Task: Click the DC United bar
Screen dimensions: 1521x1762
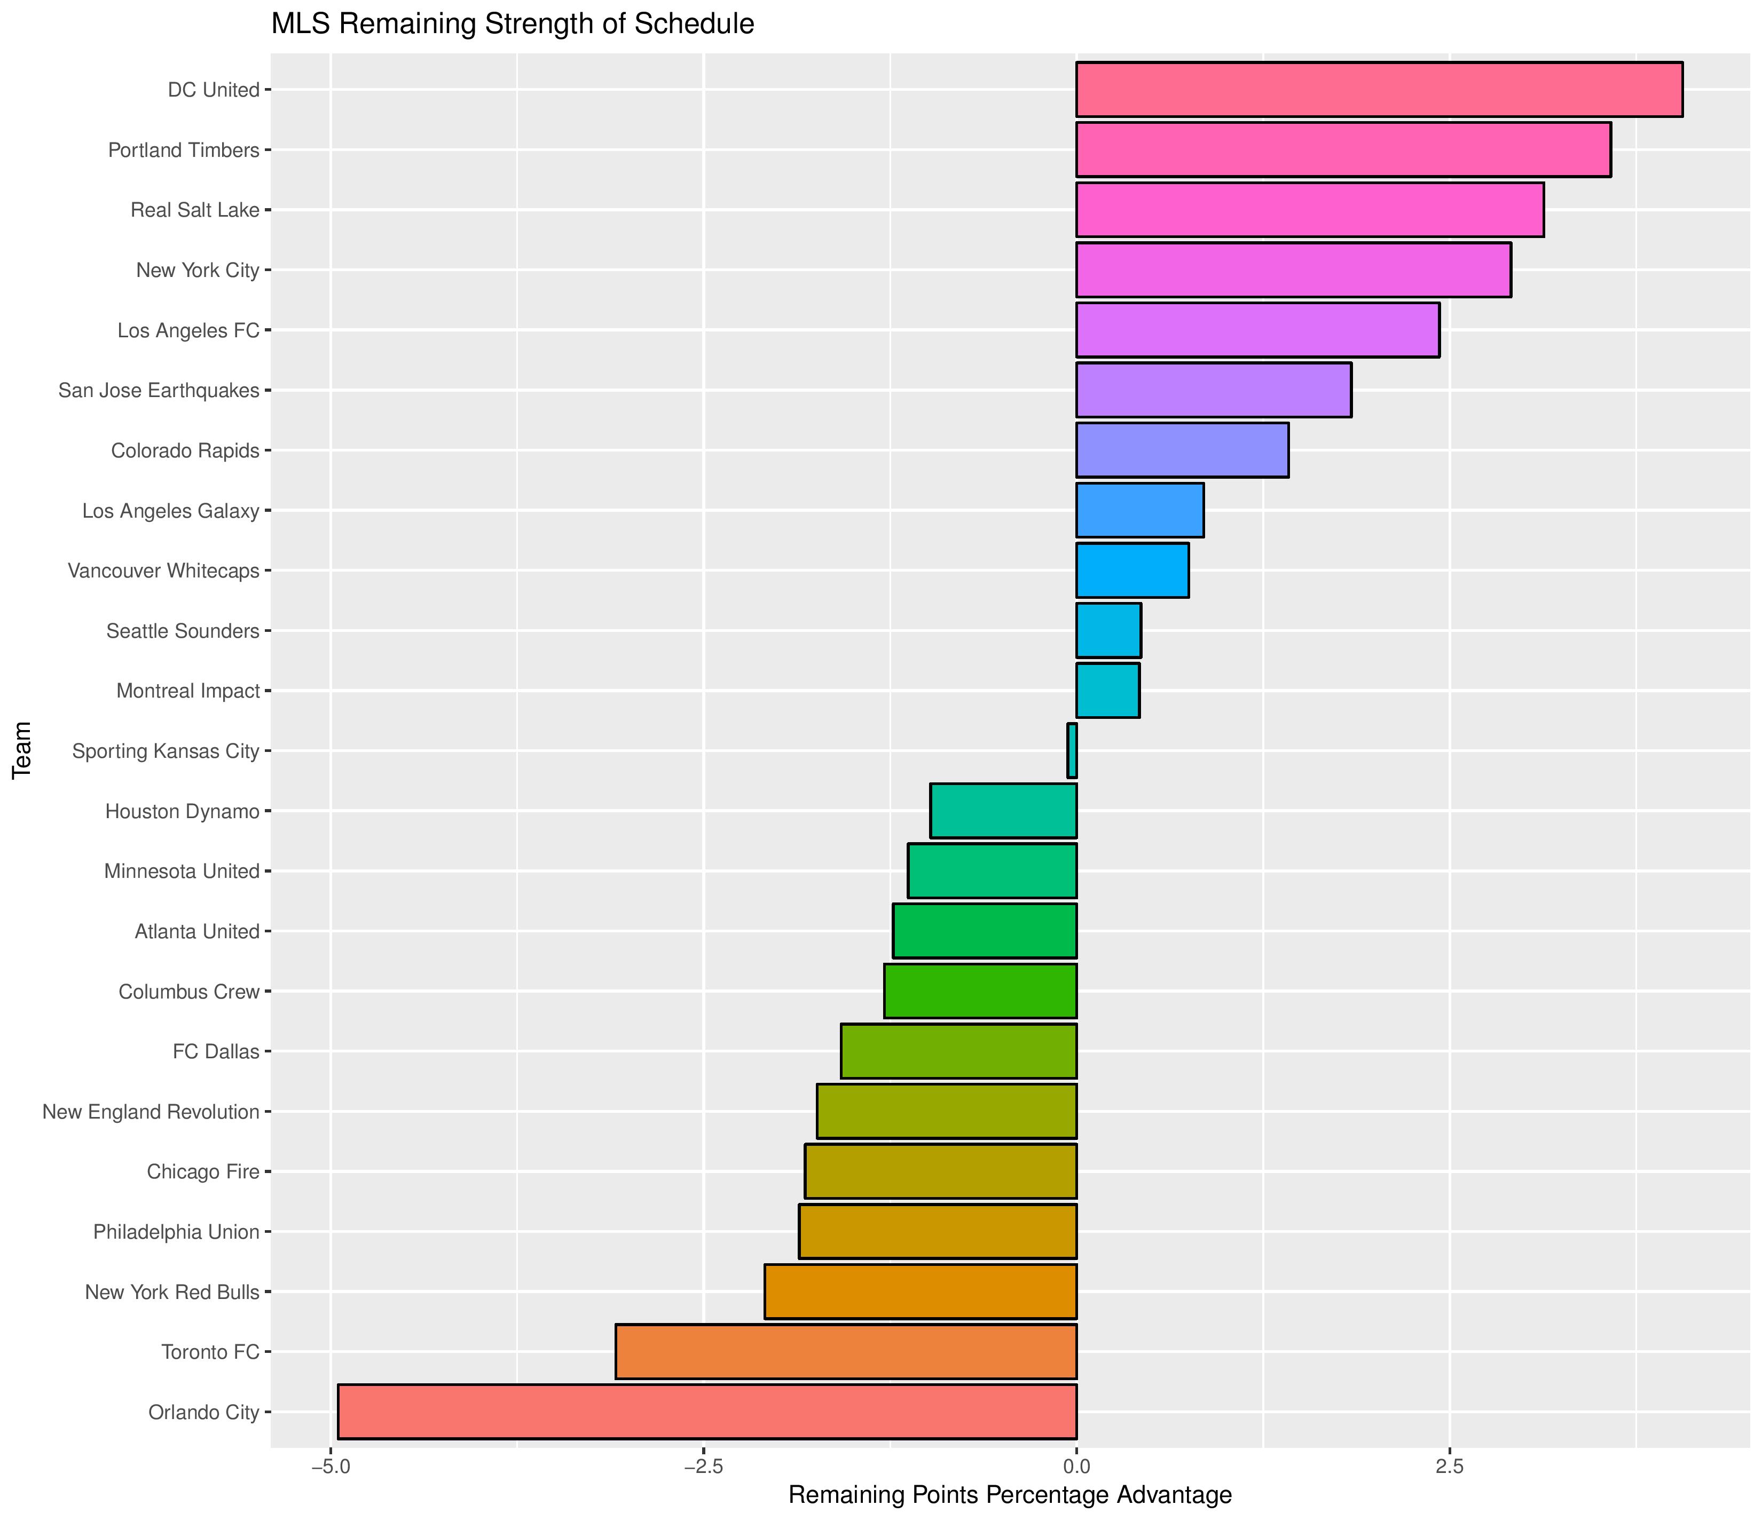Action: pyautogui.click(x=1379, y=89)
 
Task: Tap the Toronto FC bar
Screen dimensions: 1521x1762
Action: pyautogui.click(x=846, y=1352)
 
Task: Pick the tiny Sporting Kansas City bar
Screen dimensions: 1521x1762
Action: pyautogui.click(x=1072, y=751)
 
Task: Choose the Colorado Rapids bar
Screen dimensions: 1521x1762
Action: pyautogui.click(x=1182, y=450)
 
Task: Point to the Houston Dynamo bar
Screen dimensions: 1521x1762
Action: pyautogui.click(x=1003, y=811)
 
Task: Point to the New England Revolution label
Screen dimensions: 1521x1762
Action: pyautogui.click(x=151, y=1112)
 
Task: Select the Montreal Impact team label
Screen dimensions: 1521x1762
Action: pyautogui.click(x=188, y=691)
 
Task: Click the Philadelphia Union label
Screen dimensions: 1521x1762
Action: pyautogui.click(x=176, y=1232)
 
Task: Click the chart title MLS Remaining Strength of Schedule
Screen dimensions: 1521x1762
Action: pyautogui.click(x=512, y=24)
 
